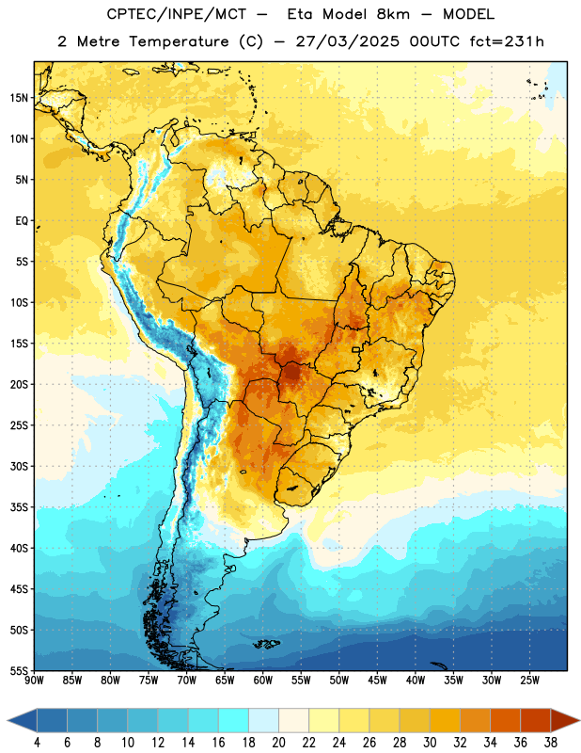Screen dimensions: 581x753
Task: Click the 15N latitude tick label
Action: (19, 98)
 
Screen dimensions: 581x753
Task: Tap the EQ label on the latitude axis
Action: (22, 221)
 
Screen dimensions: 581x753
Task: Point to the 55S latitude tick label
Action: (19, 670)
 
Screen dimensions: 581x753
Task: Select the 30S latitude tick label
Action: (19, 466)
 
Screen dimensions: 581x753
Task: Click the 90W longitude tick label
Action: (35, 681)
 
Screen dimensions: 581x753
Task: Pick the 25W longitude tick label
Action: (530, 681)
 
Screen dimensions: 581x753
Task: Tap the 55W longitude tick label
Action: (301, 681)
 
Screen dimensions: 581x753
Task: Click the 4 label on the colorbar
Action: (37, 743)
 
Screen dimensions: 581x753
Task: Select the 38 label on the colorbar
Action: (551, 743)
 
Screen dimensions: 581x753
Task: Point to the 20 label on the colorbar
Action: (278, 743)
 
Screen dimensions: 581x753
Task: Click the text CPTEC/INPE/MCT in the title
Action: (177, 14)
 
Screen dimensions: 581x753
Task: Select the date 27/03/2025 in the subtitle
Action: (347, 41)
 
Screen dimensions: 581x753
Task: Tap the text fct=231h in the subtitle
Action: (507, 41)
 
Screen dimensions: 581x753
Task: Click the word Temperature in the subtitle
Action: (179, 41)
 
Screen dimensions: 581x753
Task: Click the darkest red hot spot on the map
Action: (291, 371)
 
